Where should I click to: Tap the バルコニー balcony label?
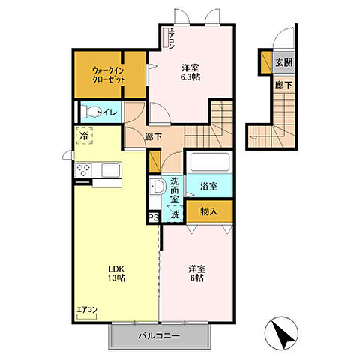point(159,336)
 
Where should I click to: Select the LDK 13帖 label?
point(116,273)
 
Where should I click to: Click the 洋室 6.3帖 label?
point(190,72)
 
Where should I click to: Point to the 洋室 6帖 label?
point(197,274)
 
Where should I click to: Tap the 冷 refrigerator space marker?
point(85,136)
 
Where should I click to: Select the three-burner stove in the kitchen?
point(83,170)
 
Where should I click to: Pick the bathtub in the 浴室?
point(210,163)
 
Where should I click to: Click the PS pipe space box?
point(154,217)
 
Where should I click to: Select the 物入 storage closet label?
point(209,211)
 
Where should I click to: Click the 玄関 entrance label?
point(284,62)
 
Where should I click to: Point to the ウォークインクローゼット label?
point(109,74)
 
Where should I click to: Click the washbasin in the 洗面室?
point(158,186)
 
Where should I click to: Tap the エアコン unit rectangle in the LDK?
point(87,316)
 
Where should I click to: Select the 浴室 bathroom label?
point(209,186)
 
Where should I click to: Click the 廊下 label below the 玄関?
point(283,85)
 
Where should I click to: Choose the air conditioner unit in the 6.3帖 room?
point(166,37)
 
